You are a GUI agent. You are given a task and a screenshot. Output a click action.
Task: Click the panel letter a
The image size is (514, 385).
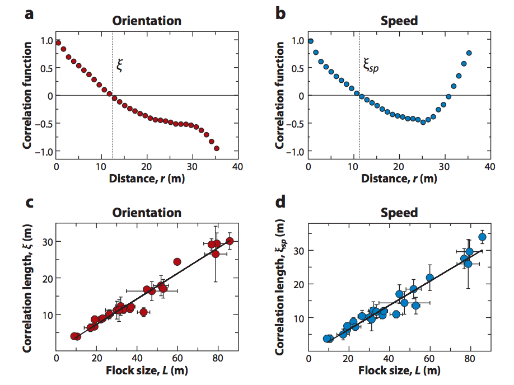coord(30,14)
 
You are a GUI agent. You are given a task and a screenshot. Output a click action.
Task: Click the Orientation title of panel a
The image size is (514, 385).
coord(147,21)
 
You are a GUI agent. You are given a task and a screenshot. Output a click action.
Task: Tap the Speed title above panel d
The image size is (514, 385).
coord(399,213)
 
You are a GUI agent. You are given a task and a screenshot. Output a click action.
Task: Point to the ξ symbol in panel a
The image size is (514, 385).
coord(119,65)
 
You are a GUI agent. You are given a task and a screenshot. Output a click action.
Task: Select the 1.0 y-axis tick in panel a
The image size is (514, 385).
coord(46,41)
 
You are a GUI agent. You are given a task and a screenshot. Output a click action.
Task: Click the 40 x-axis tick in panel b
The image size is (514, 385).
coord(489,167)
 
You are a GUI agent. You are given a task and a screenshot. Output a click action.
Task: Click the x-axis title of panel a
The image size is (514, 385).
coord(147,179)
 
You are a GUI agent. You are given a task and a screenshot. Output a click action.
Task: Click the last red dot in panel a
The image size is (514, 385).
coord(217,148)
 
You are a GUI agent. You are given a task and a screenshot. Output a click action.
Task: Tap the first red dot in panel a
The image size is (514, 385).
coord(58,43)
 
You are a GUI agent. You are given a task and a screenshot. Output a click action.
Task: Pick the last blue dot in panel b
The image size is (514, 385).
coord(469,53)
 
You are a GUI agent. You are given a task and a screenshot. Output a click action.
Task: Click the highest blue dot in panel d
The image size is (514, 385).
coord(482,237)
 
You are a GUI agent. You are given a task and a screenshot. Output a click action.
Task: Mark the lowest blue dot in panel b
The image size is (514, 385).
coord(423,122)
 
